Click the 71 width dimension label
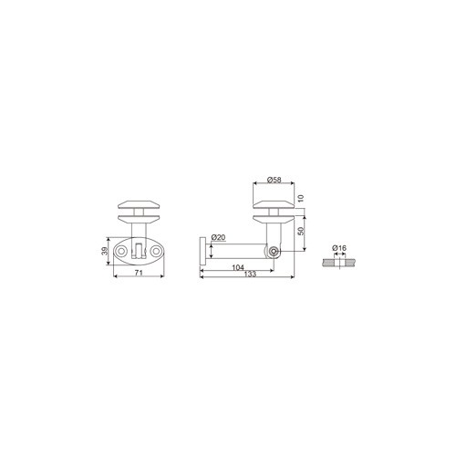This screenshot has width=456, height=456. (139, 273)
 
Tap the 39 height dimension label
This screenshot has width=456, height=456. (105, 251)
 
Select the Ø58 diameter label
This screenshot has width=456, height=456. (275, 180)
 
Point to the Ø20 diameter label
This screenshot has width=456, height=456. (219, 237)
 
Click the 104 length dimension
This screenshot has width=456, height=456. (238, 267)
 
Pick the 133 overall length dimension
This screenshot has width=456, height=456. (250, 274)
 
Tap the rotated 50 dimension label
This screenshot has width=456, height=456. (301, 231)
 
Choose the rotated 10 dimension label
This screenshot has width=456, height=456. (301, 199)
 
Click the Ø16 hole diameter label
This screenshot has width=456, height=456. (339, 248)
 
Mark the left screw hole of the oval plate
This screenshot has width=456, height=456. (121, 251)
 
